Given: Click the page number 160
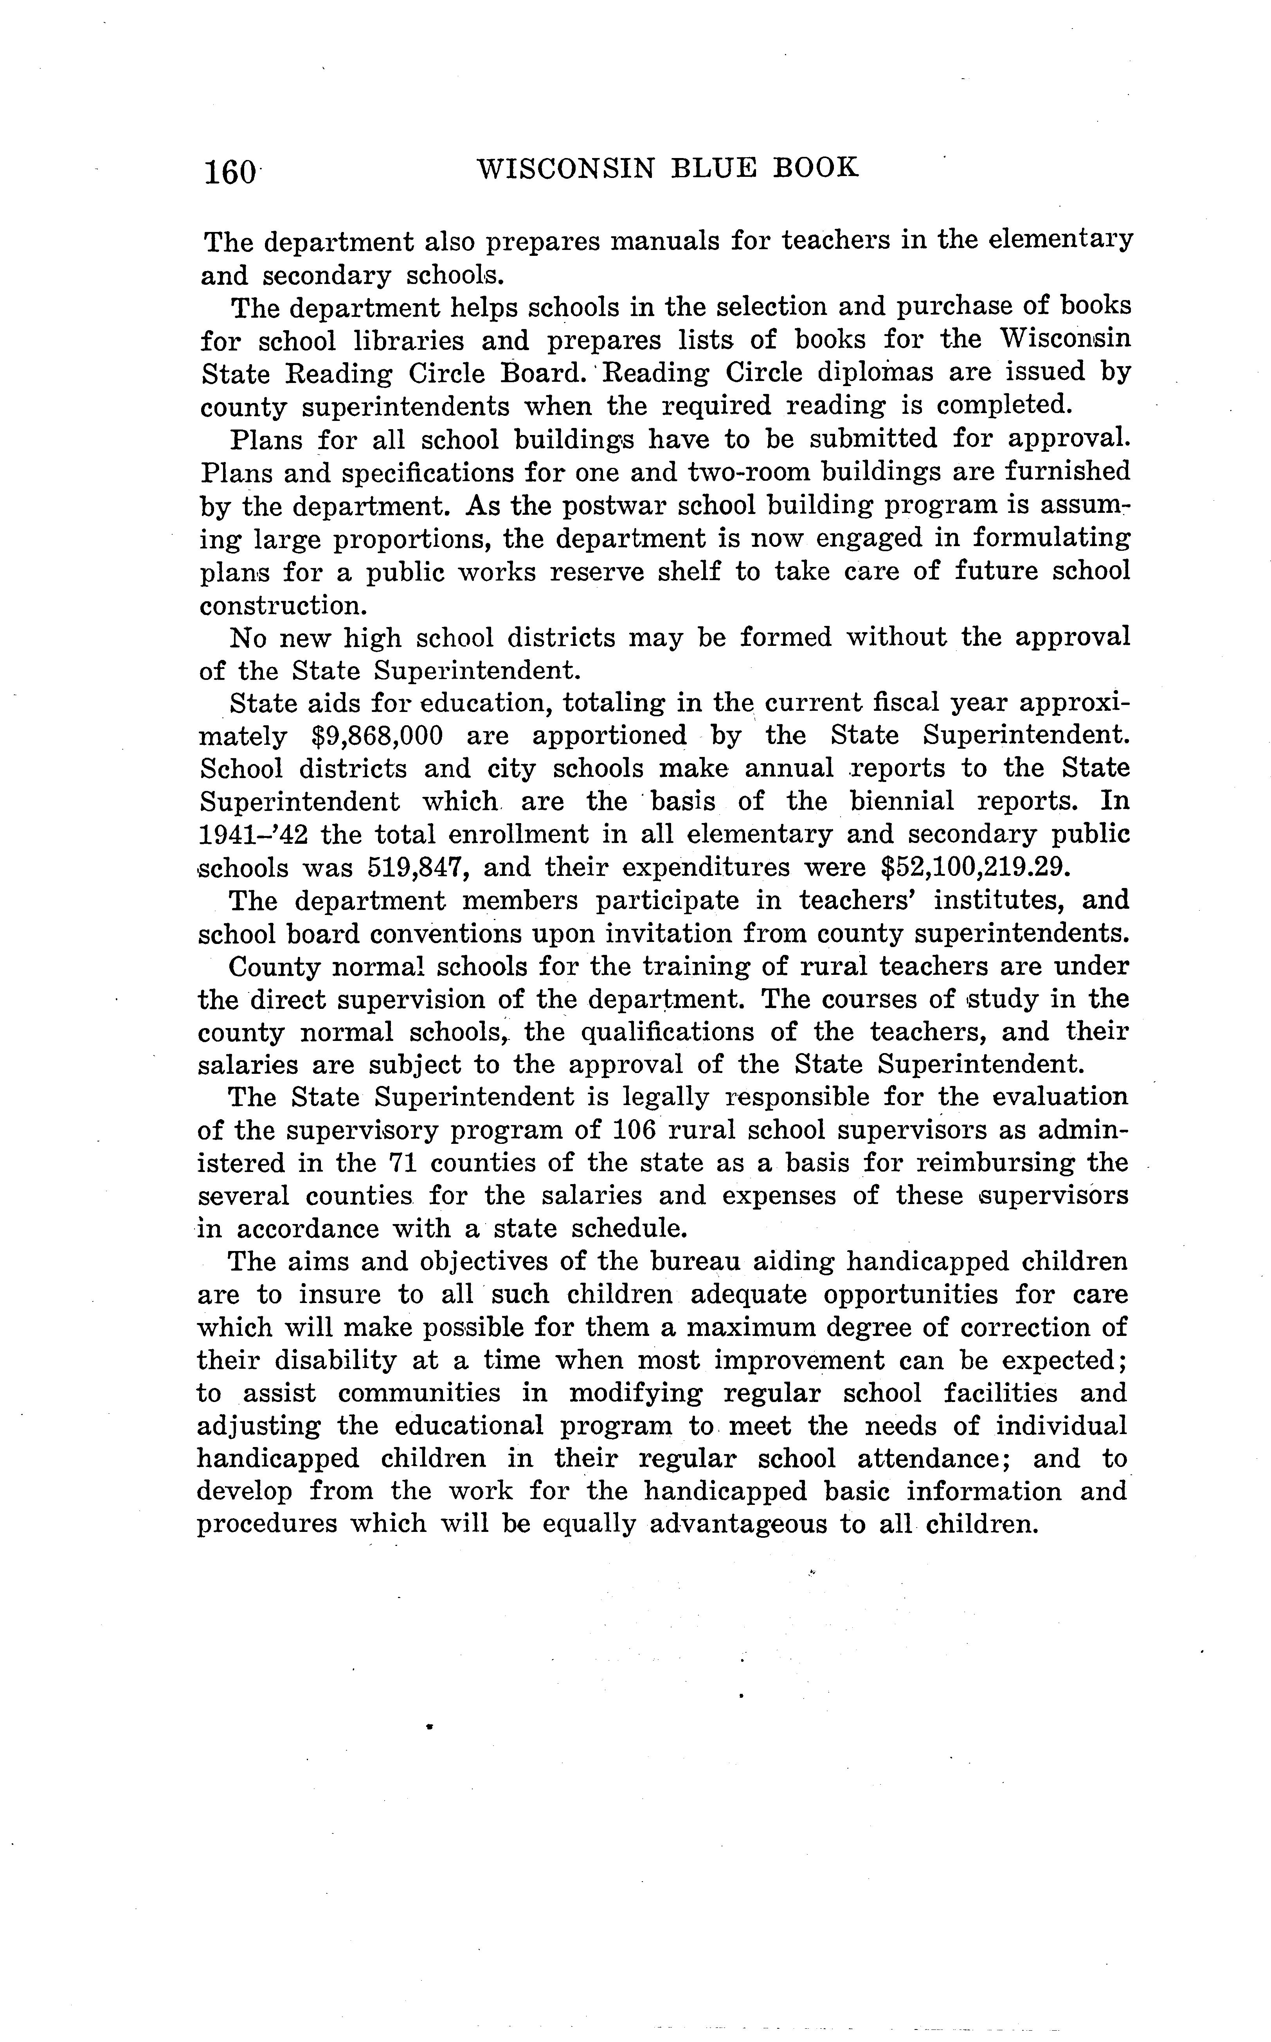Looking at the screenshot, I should click(229, 172).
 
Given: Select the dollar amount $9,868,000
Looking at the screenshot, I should click(376, 736).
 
